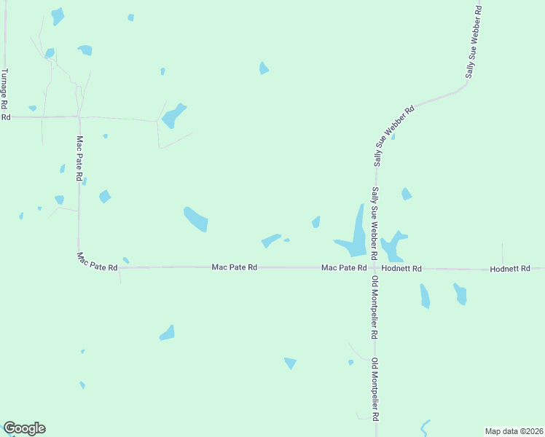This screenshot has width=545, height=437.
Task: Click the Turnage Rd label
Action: (5, 85)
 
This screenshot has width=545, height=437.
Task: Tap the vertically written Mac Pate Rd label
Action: (79, 157)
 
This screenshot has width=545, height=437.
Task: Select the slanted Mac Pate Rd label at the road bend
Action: (98, 262)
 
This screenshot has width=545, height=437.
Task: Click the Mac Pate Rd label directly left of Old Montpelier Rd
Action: (344, 268)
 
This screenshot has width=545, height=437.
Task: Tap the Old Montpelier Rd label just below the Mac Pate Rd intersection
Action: (375, 307)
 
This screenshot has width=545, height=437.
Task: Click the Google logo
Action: (24, 428)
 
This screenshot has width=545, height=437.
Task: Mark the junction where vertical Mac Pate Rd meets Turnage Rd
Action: (79, 117)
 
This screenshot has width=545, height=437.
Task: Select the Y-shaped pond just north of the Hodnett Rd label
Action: (393, 246)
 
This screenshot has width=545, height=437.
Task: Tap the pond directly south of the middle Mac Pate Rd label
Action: (168, 334)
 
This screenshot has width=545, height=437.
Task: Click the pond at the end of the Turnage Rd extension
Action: (173, 115)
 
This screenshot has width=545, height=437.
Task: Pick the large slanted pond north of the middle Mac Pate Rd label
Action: (196, 219)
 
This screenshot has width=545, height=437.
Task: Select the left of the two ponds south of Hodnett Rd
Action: (425, 296)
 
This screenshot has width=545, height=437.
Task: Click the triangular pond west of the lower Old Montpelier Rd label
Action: (291, 363)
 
